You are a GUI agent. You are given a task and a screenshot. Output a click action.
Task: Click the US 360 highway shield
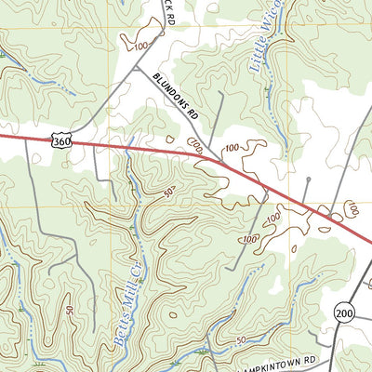click(60, 141)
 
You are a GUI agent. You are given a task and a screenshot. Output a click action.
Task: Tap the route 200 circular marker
click(345, 312)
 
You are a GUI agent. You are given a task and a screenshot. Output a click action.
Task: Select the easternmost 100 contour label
click(352, 208)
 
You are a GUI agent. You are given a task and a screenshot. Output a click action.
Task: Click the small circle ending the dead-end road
click(308, 176)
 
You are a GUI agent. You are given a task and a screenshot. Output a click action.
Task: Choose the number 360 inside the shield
click(60, 141)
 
